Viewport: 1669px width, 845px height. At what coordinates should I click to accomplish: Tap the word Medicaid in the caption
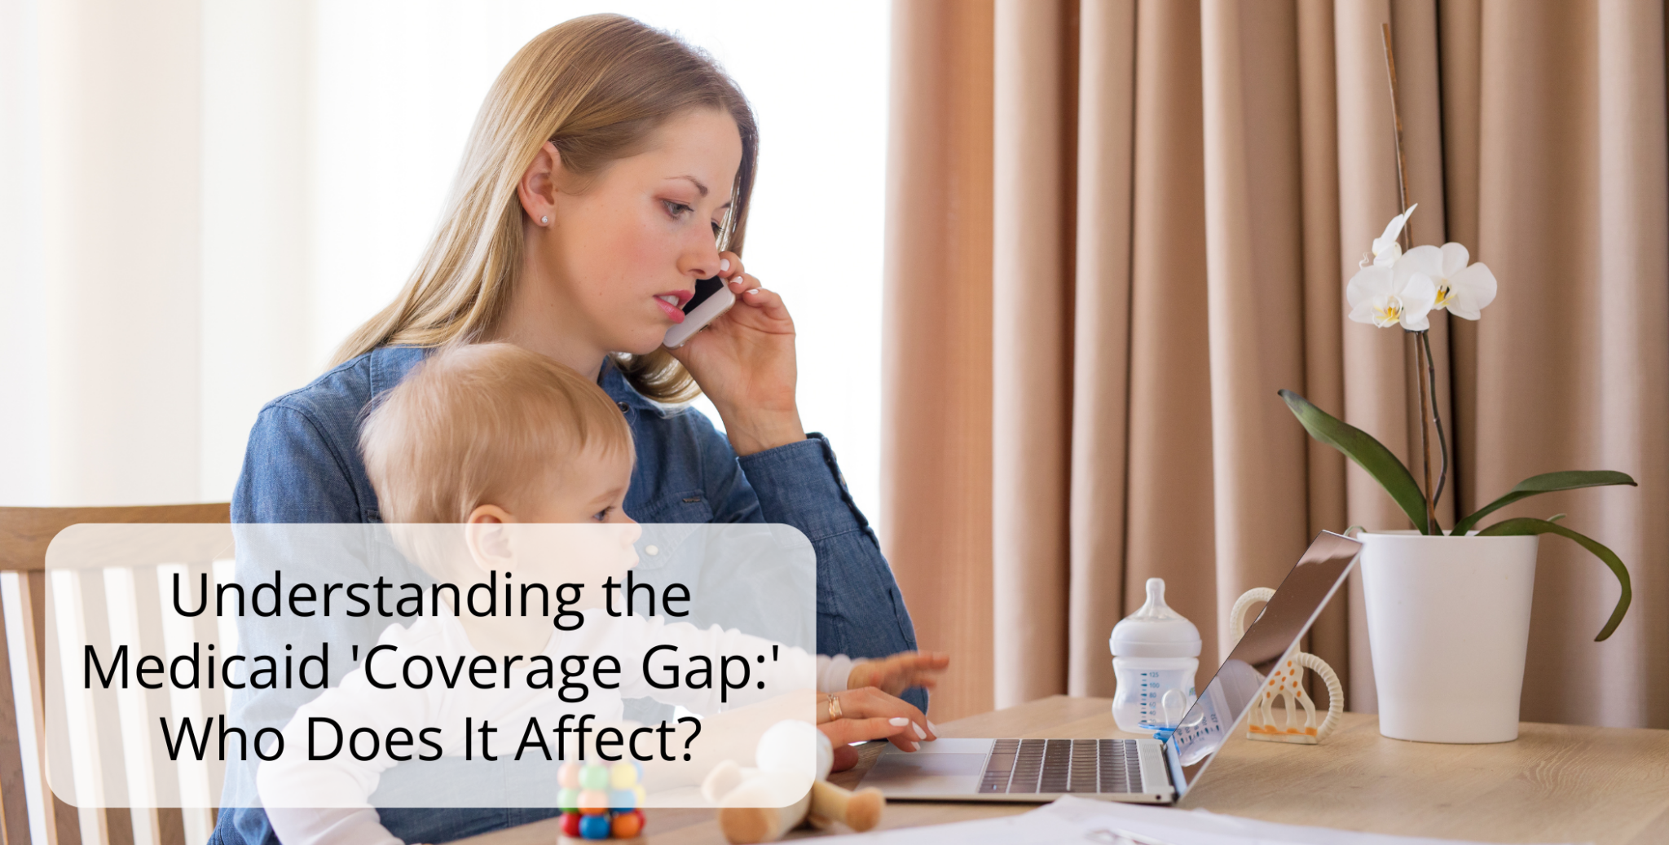205,667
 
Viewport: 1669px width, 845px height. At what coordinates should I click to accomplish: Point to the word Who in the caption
226,739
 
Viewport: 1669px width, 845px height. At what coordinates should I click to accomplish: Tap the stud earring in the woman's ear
544,220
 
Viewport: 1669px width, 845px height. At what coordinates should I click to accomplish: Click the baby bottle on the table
1154,657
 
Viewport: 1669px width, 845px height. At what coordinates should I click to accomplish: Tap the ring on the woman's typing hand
834,706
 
